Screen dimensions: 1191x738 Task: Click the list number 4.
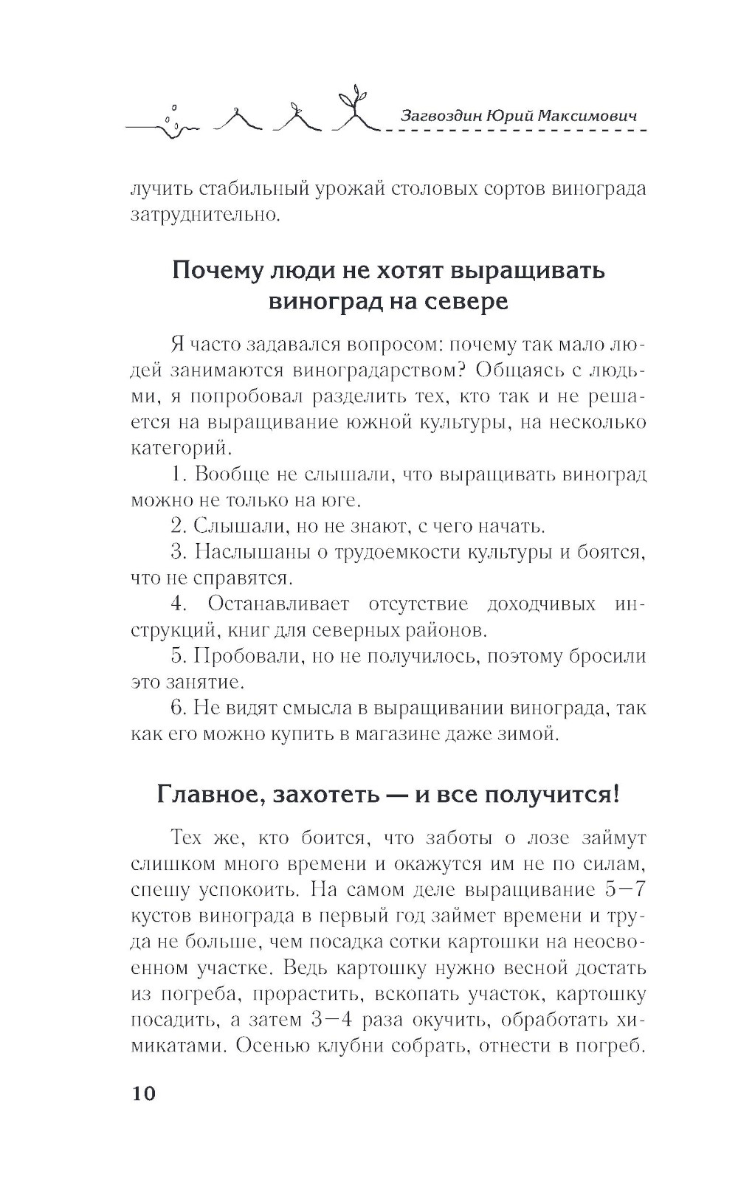(x=177, y=604)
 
